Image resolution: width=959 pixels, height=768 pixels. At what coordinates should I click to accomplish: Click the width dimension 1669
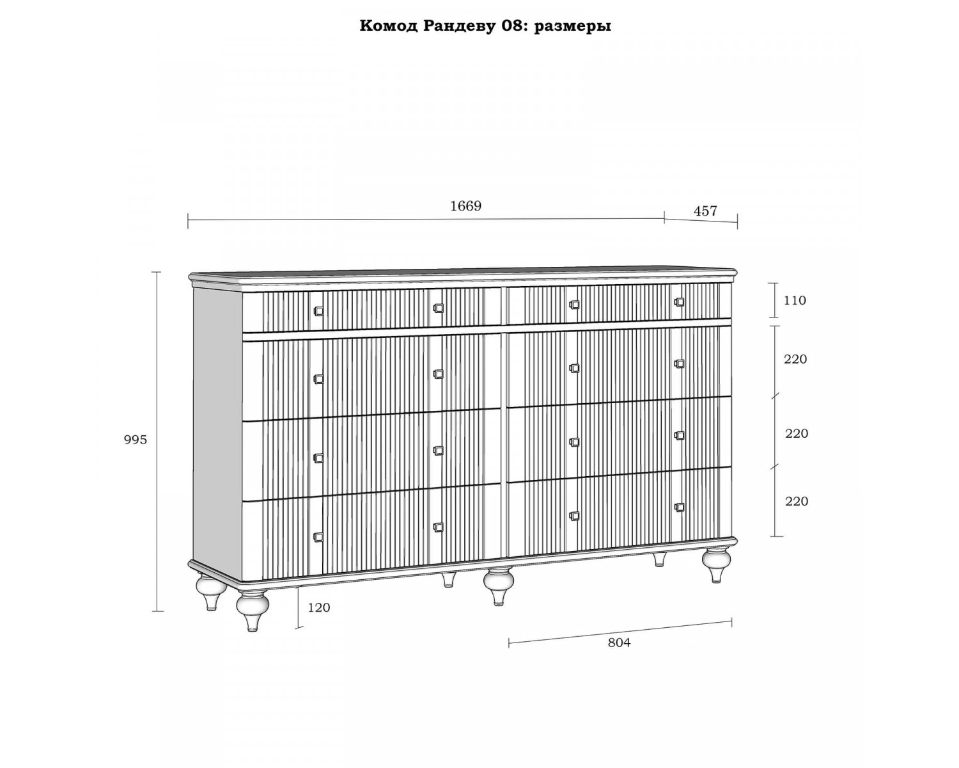tap(465, 206)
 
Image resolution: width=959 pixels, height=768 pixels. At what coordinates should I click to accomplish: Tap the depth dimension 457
tap(705, 211)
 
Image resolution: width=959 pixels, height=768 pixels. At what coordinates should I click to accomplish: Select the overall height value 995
tap(136, 440)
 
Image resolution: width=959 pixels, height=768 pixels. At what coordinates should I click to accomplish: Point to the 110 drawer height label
tap(795, 301)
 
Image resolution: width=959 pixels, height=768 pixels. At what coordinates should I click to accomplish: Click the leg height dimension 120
tap(319, 607)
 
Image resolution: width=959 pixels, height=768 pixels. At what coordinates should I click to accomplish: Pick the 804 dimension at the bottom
tap(620, 643)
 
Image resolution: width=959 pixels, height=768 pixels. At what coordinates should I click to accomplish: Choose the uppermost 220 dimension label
tap(795, 359)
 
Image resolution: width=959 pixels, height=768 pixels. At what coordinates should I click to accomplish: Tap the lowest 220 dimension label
tap(797, 502)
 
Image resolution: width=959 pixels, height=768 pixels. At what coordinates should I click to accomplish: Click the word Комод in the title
tap(389, 26)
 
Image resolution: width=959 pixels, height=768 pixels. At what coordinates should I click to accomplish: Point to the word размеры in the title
tap(573, 27)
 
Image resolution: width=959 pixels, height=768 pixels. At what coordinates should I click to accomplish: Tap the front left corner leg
tap(253, 611)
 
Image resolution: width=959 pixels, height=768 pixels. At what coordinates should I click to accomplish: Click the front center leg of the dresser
tap(499, 586)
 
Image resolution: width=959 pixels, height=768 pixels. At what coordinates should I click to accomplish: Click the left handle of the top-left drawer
tap(318, 311)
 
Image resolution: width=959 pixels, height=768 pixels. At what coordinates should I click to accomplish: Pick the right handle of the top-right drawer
tap(679, 302)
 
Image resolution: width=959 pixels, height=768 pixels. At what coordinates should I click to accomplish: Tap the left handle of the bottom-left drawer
tap(318, 537)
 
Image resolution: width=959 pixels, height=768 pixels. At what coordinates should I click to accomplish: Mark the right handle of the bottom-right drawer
tap(679, 508)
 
